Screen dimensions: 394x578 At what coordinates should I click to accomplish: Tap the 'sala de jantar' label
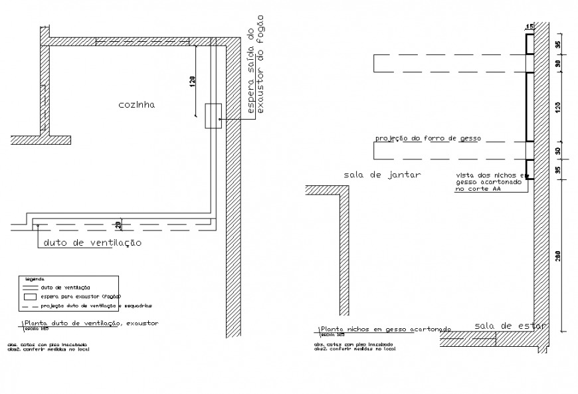383,175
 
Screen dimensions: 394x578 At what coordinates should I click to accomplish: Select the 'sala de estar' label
510,326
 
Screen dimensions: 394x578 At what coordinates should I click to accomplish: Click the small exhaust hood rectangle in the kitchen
213,116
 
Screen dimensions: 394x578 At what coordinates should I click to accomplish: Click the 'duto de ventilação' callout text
92,243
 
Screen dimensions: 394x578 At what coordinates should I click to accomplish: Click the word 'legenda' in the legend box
35,278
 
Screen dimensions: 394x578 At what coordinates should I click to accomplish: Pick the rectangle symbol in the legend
31,296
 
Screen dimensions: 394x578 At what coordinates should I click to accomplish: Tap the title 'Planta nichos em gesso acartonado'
385,330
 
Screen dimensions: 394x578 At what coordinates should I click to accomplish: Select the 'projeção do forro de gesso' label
428,139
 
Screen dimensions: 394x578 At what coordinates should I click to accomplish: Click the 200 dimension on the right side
559,256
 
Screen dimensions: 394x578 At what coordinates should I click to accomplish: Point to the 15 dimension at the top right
530,27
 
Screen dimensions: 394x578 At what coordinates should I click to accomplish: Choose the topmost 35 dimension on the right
559,45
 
